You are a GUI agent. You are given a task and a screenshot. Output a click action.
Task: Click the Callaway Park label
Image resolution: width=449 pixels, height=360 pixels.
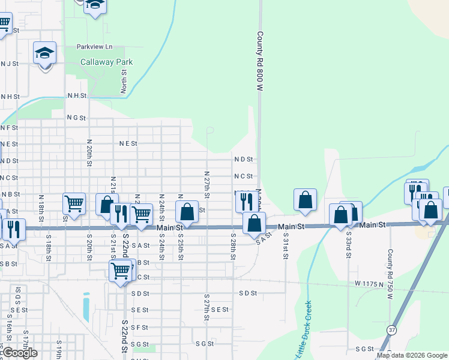pyautogui.click(x=107, y=62)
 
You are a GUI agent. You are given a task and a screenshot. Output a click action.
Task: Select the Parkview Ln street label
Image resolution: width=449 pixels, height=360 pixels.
pyautogui.click(x=94, y=46)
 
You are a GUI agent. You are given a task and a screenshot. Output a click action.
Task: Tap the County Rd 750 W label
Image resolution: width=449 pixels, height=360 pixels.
pyautogui.click(x=390, y=274)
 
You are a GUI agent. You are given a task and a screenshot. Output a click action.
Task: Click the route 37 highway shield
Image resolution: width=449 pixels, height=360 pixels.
pyautogui.click(x=391, y=330)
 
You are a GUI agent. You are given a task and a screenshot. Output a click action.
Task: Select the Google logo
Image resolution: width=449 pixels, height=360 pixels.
pyautogui.click(x=20, y=353)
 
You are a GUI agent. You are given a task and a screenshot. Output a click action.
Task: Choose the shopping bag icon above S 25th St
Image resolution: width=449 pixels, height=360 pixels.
pyautogui.click(x=187, y=212)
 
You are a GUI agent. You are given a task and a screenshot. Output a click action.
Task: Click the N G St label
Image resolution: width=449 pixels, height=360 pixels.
pyautogui.click(x=76, y=118)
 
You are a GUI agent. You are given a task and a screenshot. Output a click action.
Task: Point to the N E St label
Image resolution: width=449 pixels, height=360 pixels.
pyautogui.click(x=128, y=143)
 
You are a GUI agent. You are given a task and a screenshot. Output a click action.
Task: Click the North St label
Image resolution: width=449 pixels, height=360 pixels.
pyautogui.click(x=124, y=80)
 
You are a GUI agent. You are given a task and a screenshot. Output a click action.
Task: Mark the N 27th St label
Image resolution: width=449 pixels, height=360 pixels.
pyautogui.click(x=206, y=184)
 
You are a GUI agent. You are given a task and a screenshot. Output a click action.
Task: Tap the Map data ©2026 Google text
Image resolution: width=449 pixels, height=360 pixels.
pyautogui.click(x=412, y=355)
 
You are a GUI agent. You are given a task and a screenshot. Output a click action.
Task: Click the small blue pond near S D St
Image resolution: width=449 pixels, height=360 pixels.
pyautogui.click(x=87, y=307)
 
